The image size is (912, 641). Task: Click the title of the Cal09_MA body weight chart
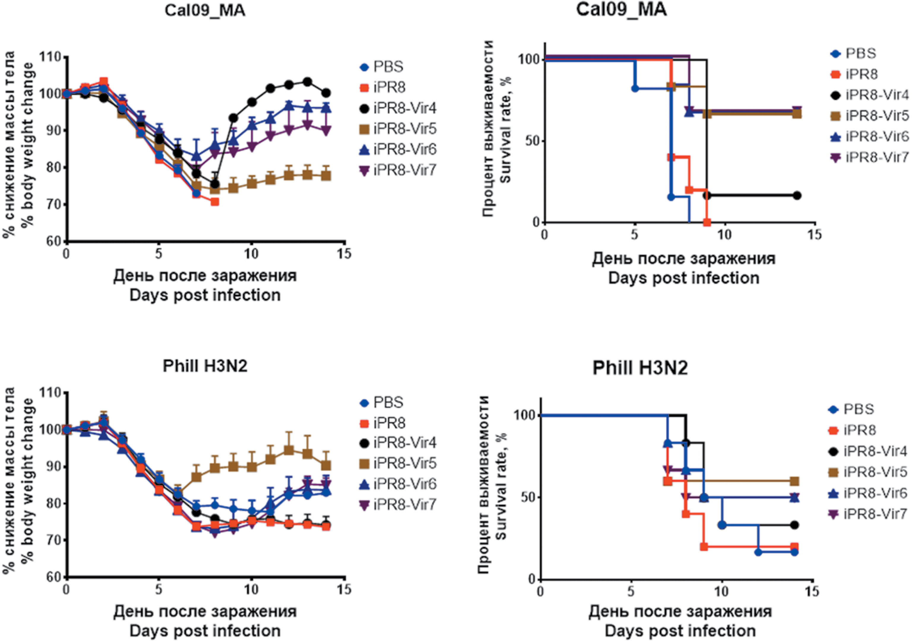coord(205,11)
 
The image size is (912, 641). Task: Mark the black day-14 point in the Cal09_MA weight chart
coord(327,93)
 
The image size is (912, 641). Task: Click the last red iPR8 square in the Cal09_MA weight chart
coord(215,201)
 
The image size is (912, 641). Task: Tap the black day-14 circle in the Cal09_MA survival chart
coord(797,195)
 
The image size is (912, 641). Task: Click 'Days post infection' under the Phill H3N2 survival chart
coord(680,630)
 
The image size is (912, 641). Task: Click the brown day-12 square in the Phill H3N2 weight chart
coord(289,450)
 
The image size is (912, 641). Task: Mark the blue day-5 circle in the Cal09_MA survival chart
coord(635,88)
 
